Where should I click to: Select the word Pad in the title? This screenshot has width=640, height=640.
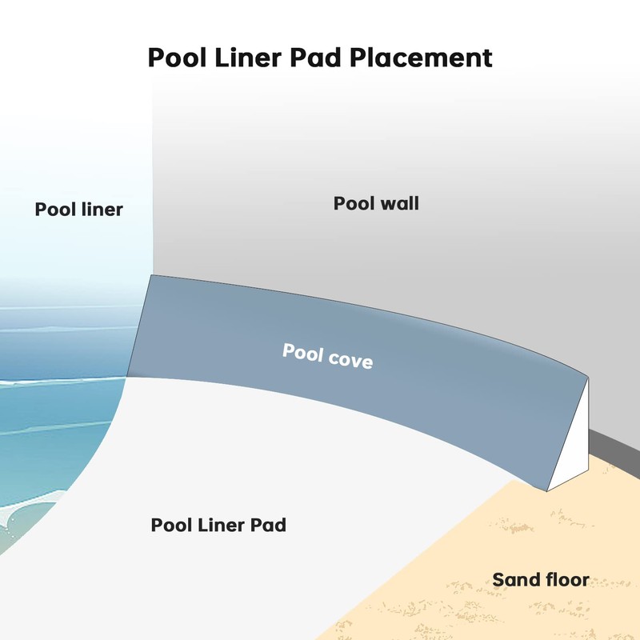(x=323, y=58)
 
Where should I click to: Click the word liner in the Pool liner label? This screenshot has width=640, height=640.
(x=101, y=210)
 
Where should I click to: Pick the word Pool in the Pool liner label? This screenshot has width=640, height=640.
(x=54, y=210)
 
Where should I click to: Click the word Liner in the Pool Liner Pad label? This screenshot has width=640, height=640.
(x=220, y=526)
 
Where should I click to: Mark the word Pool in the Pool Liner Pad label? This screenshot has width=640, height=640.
(x=171, y=526)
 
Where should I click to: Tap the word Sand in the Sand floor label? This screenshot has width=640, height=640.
(x=513, y=579)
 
